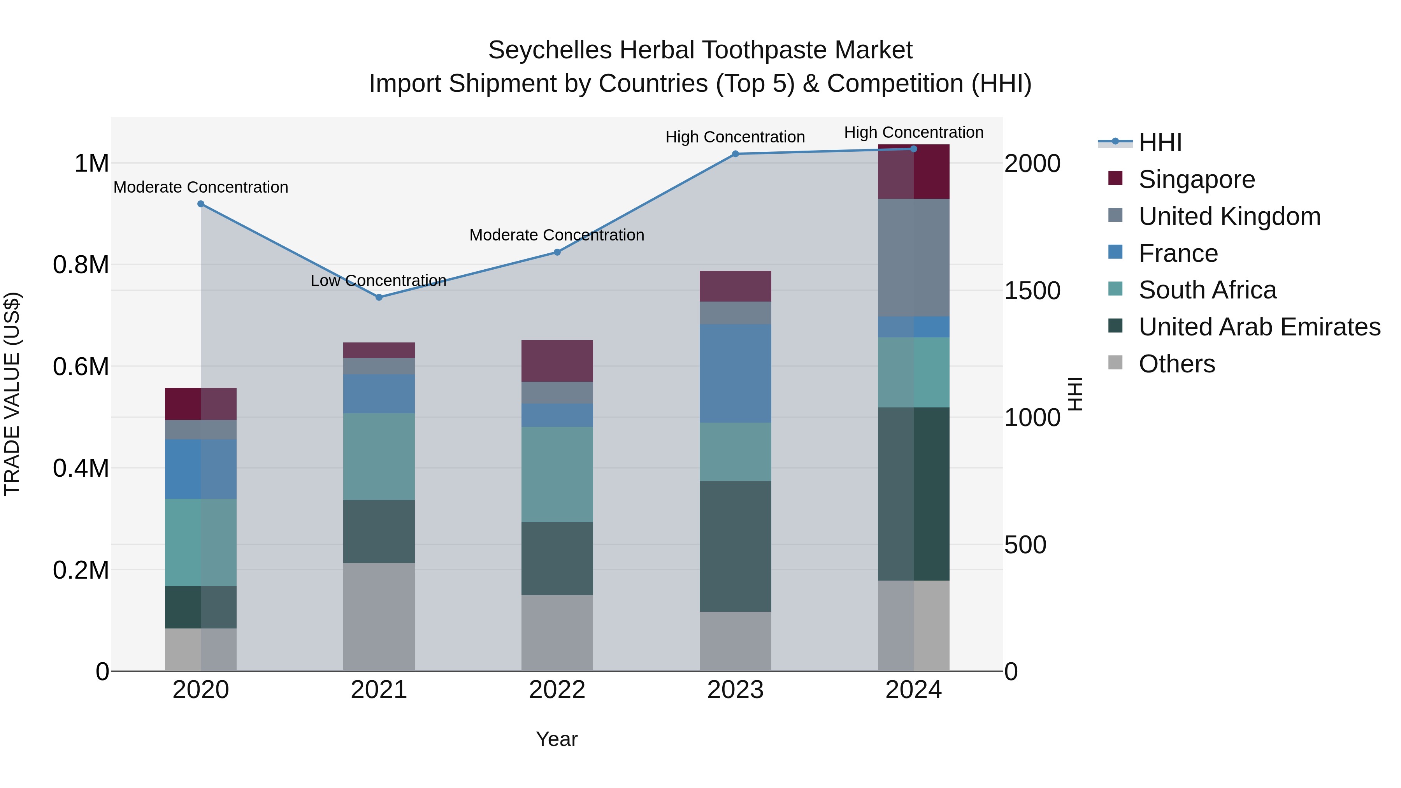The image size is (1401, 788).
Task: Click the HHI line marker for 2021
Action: click(379, 297)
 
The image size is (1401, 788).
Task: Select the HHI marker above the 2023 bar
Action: click(735, 154)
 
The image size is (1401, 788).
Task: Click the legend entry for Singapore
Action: click(1197, 179)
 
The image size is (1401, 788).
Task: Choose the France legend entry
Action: click(1178, 253)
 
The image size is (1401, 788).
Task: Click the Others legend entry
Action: click(1176, 364)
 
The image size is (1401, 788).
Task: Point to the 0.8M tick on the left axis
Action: click(81, 265)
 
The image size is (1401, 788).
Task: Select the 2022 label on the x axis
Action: click(557, 690)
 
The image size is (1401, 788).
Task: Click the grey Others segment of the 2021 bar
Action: click(379, 617)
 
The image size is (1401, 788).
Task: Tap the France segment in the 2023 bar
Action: click(735, 373)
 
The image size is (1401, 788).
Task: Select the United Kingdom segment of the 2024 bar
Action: click(914, 257)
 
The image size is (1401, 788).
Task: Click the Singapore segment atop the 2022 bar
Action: click(557, 361)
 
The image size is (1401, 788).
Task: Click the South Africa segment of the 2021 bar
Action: click(379, 456)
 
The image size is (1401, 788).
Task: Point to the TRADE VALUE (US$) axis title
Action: click(12, 394)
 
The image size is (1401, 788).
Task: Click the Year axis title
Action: click(557, 739)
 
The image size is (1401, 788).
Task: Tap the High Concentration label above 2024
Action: click(914, 132)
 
